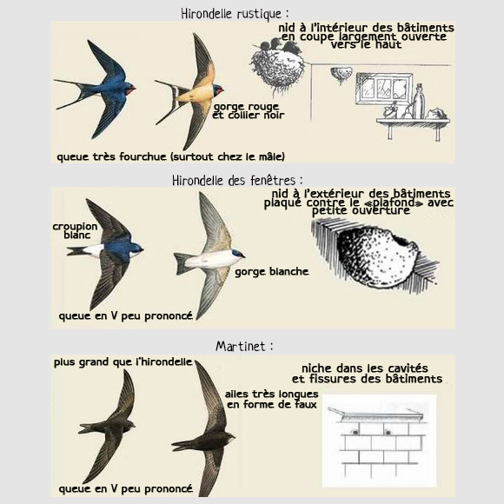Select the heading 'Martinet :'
pos(244,346)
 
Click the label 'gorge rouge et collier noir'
pos(249,110)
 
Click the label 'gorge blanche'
pos(271,272)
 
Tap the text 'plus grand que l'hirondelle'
pos(123,362)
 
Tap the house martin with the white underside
pos(211,260)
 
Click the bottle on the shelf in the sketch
pos(419,102)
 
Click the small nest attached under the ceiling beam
pos(343,76)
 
